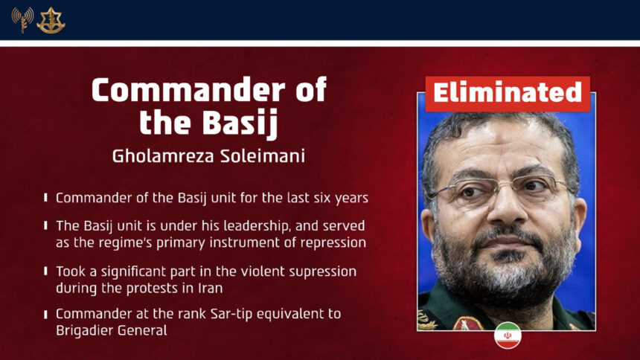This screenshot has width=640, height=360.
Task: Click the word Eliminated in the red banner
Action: click(507, 93)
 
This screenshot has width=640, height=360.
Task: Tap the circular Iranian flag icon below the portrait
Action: click(508, 335)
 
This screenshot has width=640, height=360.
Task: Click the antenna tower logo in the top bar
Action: click(22, 19)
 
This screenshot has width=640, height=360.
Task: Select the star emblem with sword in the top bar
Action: click(51, 20)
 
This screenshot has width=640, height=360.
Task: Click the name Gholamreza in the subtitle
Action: click(155, 156)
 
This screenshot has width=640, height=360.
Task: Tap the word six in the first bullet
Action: click(318, 198)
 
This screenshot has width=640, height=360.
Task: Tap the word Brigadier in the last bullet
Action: click(85, 330)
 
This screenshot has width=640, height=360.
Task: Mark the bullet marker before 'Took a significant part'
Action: click(46, 271)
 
